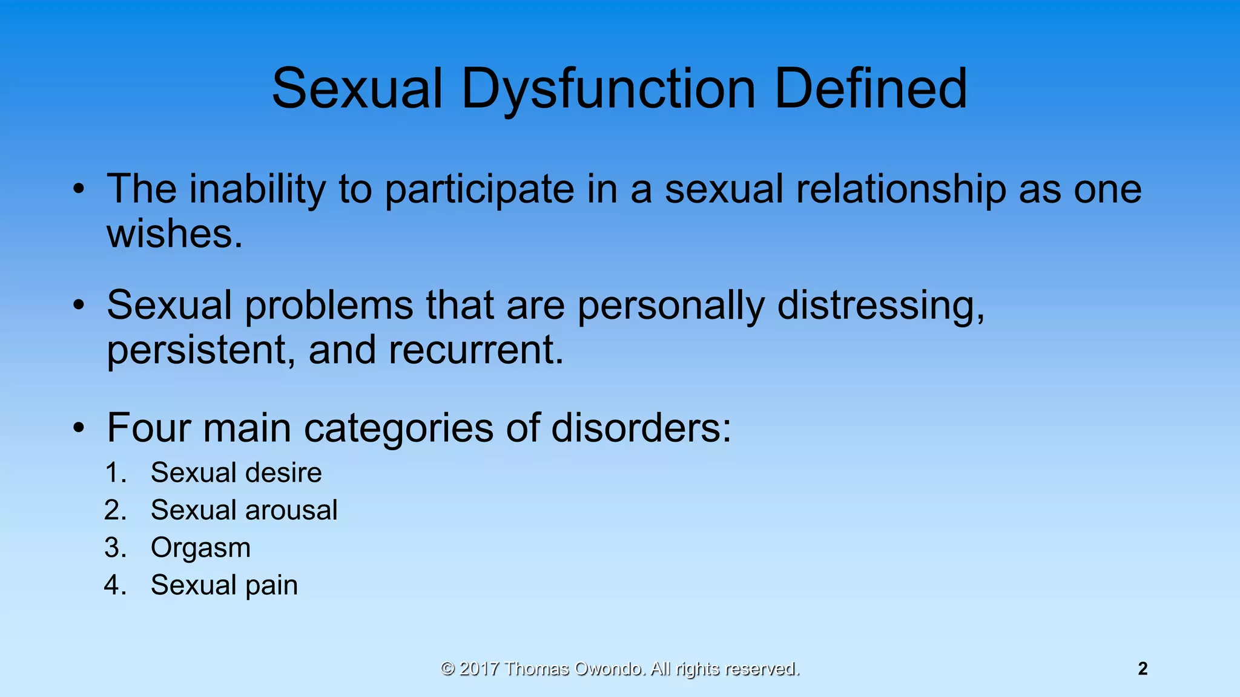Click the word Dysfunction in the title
tap(608, 90)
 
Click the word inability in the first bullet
tap(257, 189)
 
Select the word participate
tap(479, 189)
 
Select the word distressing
tap(880, 305)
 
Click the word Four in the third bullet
tap(148, 428)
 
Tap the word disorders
tap(641, 428)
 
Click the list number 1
tap(114, 473)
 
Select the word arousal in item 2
tap(291, 510)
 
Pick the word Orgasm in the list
tap(200, 548)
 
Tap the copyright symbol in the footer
tap(447, 669)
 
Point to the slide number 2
tap(1143, 669)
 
